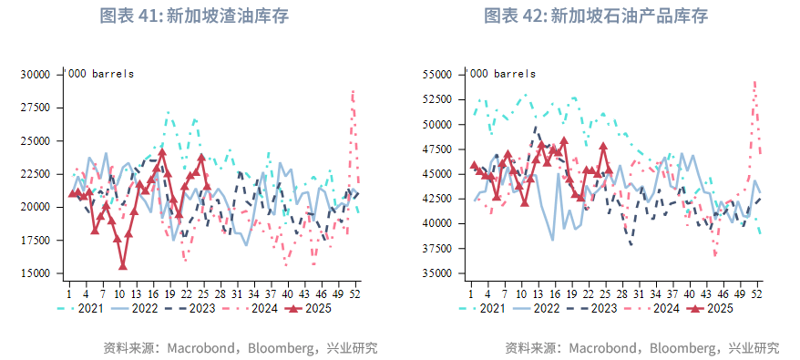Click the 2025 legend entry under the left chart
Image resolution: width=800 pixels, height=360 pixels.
[x=306, y=309]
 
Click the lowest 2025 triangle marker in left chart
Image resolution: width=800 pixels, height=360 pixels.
[x=123, y=266]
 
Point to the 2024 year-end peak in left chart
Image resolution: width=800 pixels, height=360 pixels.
[x=353, y=92]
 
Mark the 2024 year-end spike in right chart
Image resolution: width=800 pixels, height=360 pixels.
[x=755, y=83]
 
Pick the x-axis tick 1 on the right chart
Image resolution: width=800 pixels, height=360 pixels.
[x=470, y=293]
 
